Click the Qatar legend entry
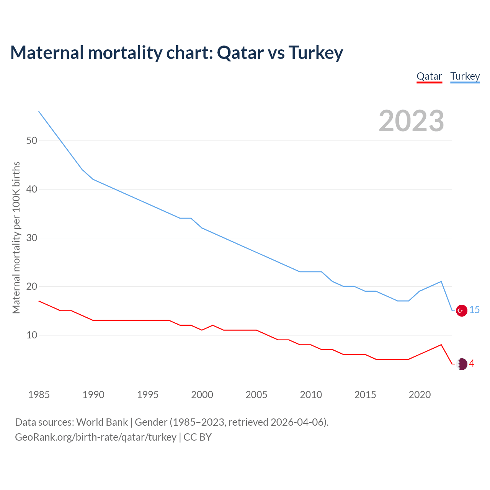(x=429, y=76)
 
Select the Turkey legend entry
(x=465, y=76)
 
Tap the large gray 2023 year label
(x=411, y=121)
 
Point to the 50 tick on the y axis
(x=32, y=140)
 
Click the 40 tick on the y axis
(x=32, y=189)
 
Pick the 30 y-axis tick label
(x=32, y=238)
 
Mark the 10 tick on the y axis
(x=32, y=335)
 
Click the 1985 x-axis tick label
(x=39, y=395)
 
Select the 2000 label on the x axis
(x=202, y=395)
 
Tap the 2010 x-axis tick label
(x=310, y=395)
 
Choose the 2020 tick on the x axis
(x=420, y=395)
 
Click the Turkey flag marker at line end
(x=462, y=310)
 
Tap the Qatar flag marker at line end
(x=462, y=364)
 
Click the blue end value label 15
(x=474, y=310)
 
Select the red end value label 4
(x=472, y=363)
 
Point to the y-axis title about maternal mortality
(x=16, y=237)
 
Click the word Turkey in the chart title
(x=315, y=52)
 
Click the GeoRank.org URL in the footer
(x=96, y=437)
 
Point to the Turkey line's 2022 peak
(x=441, y=281)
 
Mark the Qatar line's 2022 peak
(x=441, y=345)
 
